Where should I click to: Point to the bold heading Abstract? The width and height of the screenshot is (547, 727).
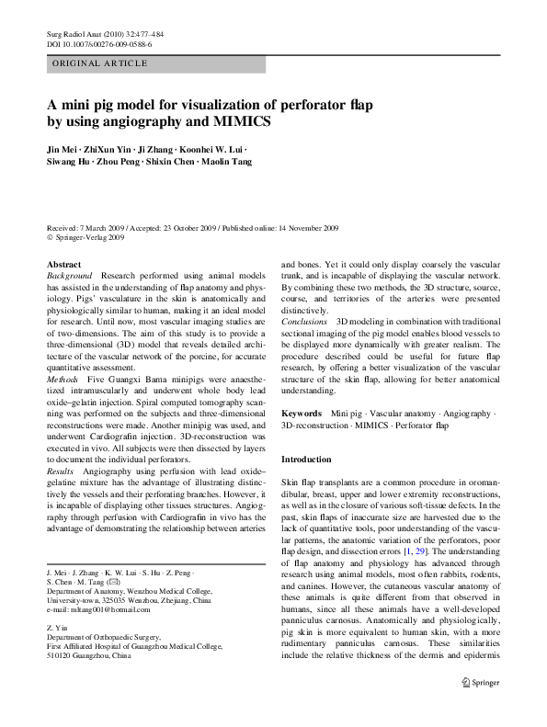[x=63, y=264]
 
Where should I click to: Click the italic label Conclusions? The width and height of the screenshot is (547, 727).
[x=304, y=323]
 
